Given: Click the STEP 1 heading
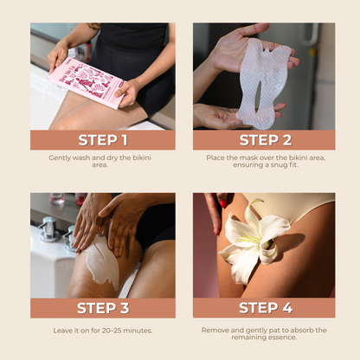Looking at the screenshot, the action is [103, 140].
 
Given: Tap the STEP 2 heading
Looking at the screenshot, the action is [266, 140].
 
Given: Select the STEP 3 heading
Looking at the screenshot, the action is [103, 308].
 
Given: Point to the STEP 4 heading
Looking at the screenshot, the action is [266, 308].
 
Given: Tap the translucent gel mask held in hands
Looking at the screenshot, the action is [263, 83].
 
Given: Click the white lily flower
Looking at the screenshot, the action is [254, 241].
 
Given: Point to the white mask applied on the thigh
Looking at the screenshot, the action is [102, 262].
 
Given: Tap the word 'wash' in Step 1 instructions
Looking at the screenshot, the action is [81, 157].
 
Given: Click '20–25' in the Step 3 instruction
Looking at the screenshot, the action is [112, 331].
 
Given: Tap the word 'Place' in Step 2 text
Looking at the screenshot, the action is [214, 157].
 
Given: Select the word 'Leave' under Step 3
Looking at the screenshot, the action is [61, 331].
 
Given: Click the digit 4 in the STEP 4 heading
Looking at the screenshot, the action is [287, 308].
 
